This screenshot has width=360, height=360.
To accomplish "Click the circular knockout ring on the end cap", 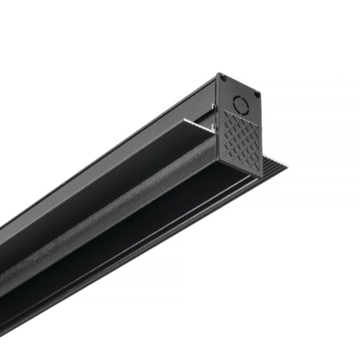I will click(x=238, y=93).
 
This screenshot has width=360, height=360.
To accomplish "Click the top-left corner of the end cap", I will click(x=217, y=76).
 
